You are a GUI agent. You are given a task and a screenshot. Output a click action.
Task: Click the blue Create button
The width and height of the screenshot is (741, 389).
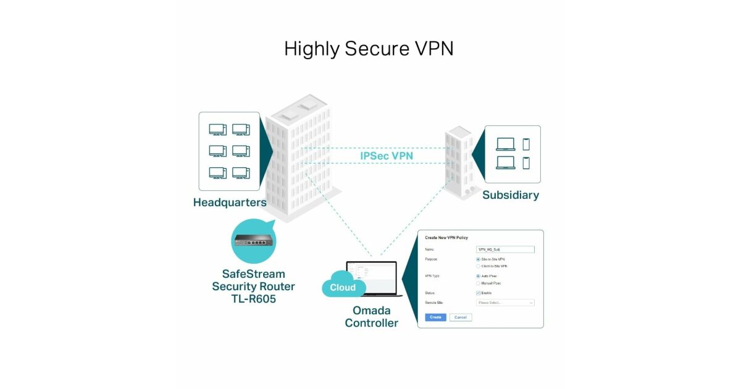coord(435,317)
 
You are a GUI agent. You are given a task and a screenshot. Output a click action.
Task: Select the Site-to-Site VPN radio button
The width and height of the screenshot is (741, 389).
coord(479,259)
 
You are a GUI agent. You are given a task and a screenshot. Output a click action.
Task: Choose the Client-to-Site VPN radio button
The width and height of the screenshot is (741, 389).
coord(479,266)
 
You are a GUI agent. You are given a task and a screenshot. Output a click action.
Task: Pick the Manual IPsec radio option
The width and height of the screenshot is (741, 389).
coord(479,283)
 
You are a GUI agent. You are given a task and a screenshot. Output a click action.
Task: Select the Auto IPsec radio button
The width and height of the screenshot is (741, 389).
coord(479,276)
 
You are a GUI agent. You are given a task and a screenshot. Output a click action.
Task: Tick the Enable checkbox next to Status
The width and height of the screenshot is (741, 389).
coord(479,293)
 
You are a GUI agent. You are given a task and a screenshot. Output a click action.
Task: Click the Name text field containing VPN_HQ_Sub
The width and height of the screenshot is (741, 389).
coord(505,249)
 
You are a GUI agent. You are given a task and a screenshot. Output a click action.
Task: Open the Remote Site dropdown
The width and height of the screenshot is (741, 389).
coord(505,303)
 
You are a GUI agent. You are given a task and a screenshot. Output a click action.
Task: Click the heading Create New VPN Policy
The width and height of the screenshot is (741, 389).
coord(446,238)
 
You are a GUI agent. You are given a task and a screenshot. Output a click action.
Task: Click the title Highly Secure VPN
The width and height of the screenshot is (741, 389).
coord(369,49)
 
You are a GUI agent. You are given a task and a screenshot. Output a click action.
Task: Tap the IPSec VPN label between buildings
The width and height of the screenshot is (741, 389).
coord(387,156)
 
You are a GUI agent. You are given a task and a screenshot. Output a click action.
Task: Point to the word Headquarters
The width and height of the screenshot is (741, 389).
coord(230,203)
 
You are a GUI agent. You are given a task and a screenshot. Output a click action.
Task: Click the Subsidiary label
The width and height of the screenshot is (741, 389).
coord(510,195)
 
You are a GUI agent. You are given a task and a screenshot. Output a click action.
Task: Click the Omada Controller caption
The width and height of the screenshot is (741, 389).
coord(371,316)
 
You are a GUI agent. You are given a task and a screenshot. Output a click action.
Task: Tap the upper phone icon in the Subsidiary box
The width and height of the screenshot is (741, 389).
coord(526,144)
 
